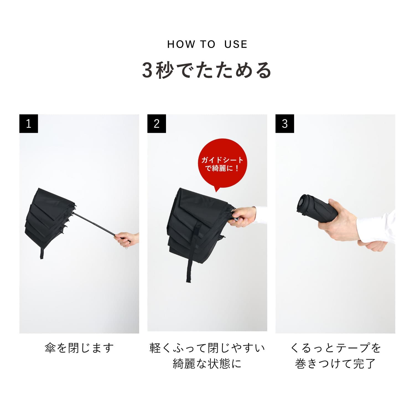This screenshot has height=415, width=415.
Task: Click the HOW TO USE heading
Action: point(207,44)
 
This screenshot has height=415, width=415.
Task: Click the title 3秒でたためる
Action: point(207,70)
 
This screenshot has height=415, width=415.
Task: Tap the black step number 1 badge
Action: point(28,124)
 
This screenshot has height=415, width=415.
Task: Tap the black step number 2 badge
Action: point(157,124)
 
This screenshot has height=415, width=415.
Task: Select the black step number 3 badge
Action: point(285,124)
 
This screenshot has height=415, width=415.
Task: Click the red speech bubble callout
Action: point(222,164)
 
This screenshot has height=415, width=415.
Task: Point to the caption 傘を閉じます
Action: point(79,348)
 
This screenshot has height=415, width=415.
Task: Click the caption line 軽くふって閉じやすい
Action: point(207,348)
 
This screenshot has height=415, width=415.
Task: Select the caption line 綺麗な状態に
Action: point(207,364)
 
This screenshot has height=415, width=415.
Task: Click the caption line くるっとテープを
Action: point(335,348)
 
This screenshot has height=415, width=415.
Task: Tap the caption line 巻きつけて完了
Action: point(335,364)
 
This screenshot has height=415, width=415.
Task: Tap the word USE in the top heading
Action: point(236,44)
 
